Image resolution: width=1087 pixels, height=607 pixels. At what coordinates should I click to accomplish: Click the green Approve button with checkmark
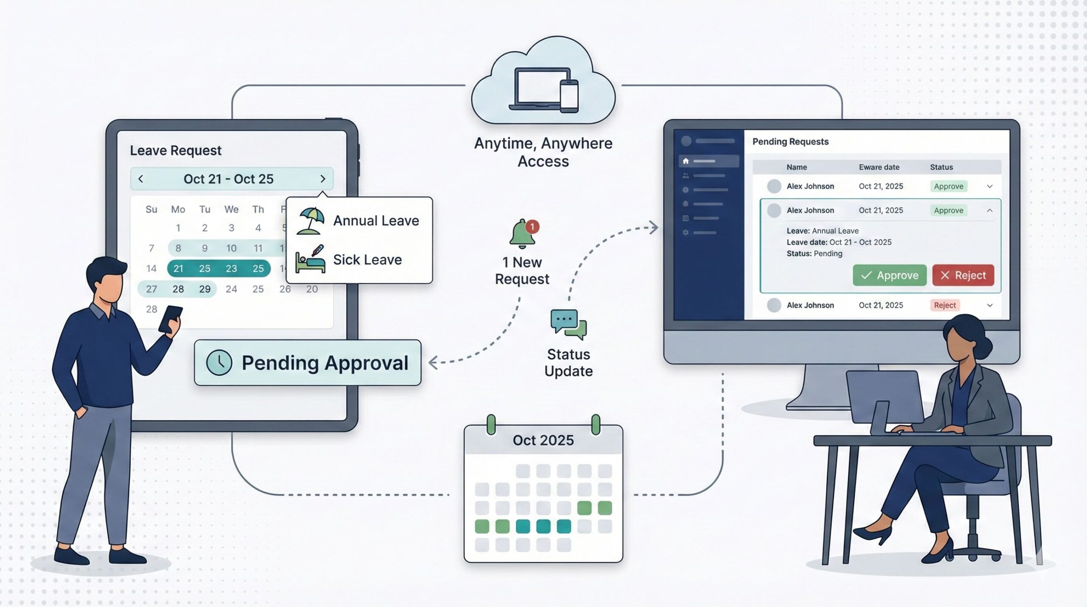pos(889,275)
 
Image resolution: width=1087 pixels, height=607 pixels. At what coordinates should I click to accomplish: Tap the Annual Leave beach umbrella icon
pos(311,220)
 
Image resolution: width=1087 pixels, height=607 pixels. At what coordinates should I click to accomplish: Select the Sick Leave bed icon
pos(311,259)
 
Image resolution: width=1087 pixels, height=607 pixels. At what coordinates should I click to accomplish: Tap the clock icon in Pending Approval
pos(219,362)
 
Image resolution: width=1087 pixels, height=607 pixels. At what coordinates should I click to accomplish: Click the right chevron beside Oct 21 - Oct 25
pos(323,179)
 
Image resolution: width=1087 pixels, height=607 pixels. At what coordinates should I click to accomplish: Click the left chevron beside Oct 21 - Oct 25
pos(141,179)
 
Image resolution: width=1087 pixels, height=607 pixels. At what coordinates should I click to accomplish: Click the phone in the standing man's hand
pos(170,319)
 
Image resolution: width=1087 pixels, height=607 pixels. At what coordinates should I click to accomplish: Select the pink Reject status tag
pos(944,305)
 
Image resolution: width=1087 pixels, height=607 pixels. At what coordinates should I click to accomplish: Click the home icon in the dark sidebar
pos(686,161)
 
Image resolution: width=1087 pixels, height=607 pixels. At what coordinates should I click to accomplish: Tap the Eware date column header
pos(879,167)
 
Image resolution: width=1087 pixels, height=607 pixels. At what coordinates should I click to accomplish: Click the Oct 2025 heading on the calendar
pos(543,440)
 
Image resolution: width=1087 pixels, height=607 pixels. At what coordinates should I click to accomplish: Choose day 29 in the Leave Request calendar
pos(205,289)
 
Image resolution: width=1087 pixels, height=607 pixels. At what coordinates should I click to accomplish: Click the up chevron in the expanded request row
pos(990,210)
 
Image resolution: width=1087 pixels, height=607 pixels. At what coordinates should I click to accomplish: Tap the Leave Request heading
pos(175,150)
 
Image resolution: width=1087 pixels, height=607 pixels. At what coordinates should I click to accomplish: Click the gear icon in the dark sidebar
pos(685,232)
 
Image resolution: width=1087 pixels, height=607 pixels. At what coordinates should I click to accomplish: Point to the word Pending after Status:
pos(828,254)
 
